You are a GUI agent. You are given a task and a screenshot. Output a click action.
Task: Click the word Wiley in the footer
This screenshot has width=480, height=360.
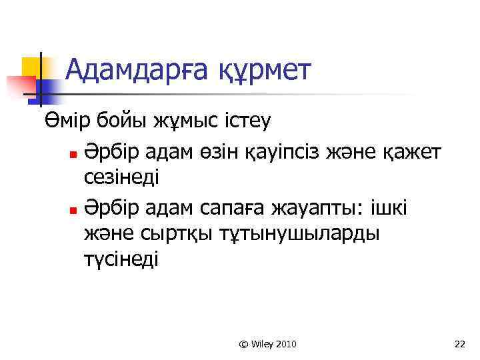pos(263,344)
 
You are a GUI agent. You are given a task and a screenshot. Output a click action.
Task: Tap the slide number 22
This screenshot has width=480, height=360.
pos(459,344)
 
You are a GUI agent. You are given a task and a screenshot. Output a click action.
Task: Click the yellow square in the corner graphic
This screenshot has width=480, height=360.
pos(32,66)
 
